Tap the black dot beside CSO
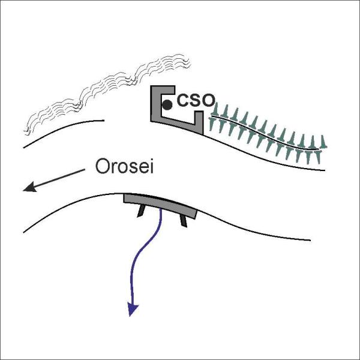[x=167, y=105]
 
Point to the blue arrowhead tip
[x=130, y=316]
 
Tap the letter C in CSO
[x=183, y=101]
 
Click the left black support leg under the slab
[x=141, y=211]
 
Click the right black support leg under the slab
[x=183, y=221]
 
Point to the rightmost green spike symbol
[x=323, y=142]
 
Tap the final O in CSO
[x=208, y=101]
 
